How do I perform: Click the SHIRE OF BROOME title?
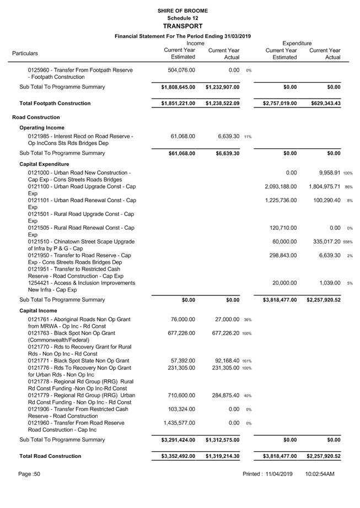pyautogui.click(x=182, y=10)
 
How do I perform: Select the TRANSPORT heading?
pyautogui.click(x=182, y=26)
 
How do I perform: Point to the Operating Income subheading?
pyautogui.click(x=42, y=128)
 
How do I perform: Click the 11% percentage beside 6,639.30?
pyautogui.click(x=248, y=137)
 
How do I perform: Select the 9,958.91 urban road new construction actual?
pyautogui.click(x=325, y=172)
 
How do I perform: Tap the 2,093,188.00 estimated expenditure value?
pyautogui.click(x=281, y=186)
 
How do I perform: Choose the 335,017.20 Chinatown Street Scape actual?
pyautogui.click(x=325, y=241)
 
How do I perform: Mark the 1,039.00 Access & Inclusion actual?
pyautogui.click(x=329, y=283)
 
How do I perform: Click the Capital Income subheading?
pyautogui.click(x=39, y=311)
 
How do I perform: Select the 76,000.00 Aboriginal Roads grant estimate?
pyautogui.click(x=181, y=319)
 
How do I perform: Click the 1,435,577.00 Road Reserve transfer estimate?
pyautogui.click(x=178, y=423)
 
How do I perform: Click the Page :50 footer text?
pyautogui.click(x=29, y=474)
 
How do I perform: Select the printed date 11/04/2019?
pyautogui.click(x=278, y=474)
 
